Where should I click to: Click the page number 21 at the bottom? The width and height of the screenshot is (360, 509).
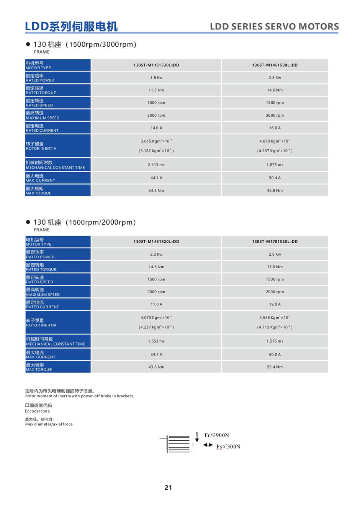tap(168, 488)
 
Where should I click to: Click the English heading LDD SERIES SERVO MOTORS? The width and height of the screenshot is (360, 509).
tap(274, 26)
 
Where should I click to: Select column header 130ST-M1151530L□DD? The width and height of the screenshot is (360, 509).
tap(156, 65)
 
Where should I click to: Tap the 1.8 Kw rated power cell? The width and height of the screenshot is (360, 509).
tap(156, 78)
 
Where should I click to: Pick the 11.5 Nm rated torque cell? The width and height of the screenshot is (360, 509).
tap(156, 90)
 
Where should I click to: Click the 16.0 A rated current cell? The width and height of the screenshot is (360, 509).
tap(275, 128)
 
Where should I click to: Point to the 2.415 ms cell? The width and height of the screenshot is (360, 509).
tap(156, 165)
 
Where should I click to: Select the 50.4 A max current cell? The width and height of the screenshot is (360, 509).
tap(275, 178)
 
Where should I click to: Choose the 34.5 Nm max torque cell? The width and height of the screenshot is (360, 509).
tap(156, 191)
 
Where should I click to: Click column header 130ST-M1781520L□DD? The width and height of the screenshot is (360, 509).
tap(275, 241)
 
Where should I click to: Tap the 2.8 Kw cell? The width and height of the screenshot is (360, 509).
tap(275, 254)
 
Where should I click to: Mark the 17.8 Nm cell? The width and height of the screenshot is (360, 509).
tap(275, 267)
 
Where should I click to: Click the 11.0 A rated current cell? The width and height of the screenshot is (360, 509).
tap(156, 304)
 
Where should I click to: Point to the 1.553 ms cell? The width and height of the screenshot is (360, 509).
tap(156, 341)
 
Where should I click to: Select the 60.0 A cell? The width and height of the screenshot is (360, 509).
tap(275, 354)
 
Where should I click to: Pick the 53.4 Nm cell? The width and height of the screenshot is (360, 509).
tap(275, 367)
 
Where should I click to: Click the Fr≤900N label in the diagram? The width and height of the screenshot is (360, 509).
tap(217, 435)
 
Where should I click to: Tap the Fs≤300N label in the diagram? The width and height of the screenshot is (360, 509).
tap(228, 447)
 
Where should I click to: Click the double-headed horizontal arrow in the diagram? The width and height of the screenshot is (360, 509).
tap(208, 445)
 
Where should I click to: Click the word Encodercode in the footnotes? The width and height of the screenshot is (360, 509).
tap(38, 411)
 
